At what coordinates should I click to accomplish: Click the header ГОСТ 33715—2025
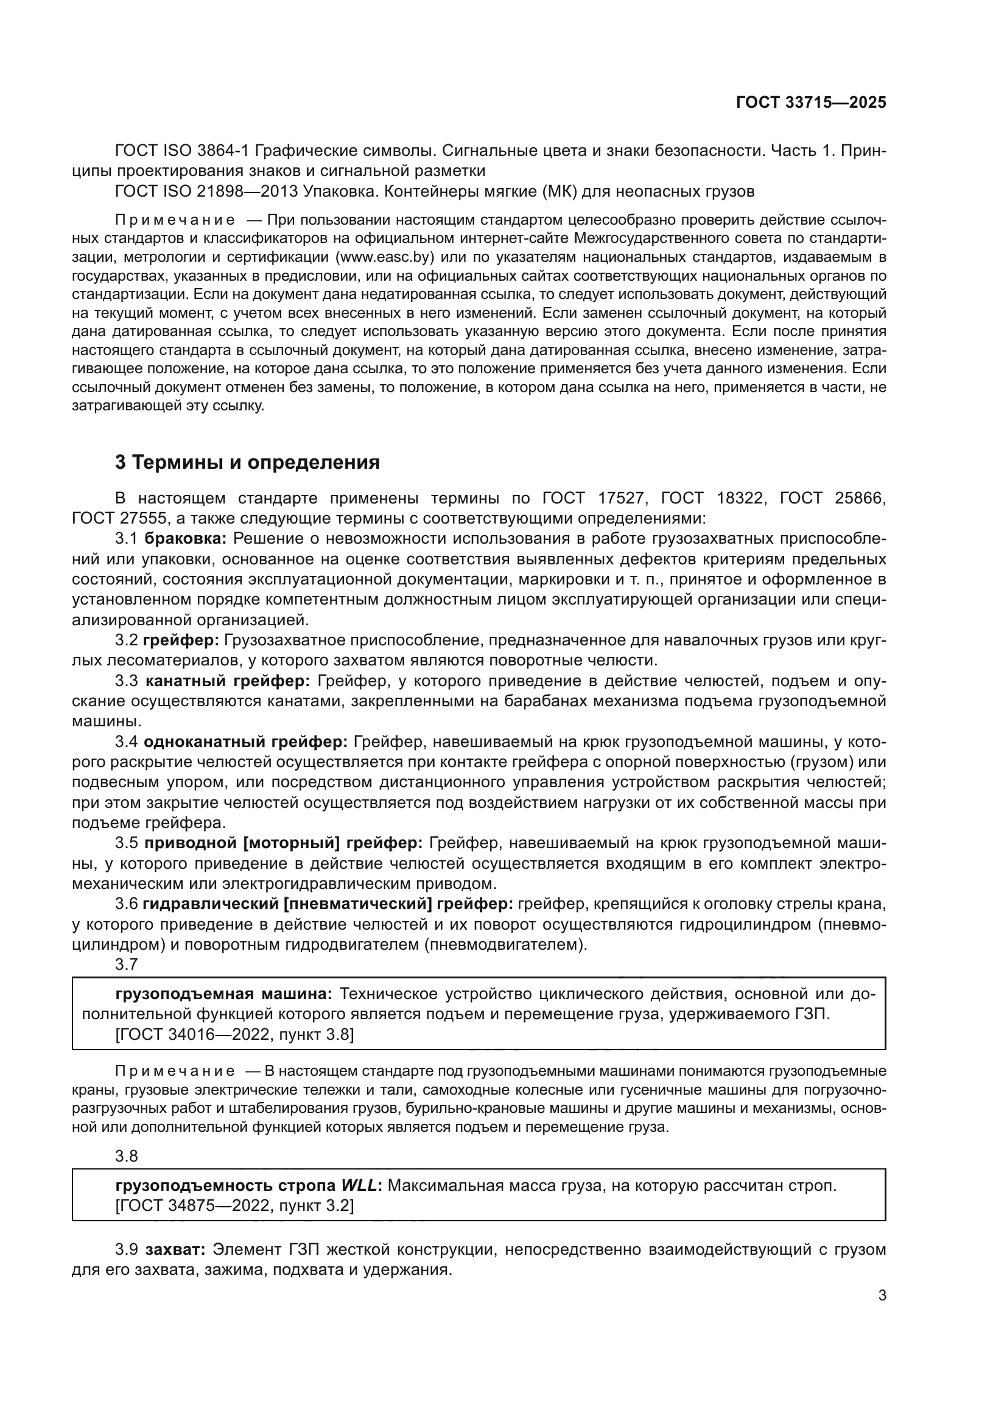[x=810, y=102]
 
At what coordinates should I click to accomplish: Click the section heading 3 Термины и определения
[x=247, y=463]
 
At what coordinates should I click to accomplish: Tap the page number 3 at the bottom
[x=882, y=1296]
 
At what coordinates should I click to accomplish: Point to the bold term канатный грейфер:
[x=228, y=681]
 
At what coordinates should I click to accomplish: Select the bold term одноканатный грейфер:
[x=245, y=742]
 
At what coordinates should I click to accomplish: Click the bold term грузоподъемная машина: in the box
[x=224, y=994]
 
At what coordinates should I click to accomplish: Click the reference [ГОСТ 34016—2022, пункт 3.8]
[x=234, y=1034]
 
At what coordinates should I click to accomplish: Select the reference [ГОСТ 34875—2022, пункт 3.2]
[x=234, y=1205]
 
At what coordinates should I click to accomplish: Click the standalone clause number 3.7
[x=126, y=964]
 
